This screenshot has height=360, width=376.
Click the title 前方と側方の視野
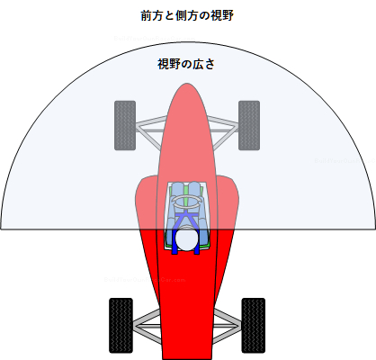pyautogui.click(x=187, y=16)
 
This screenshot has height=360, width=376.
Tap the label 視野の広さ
pyautogui.click(x=186, y=64)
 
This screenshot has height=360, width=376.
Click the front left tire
pyautogui.click(x=125, y=125)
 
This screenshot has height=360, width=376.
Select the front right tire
pyautogui.click(x=249, y=125)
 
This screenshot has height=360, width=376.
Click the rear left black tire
pyautogui.click(x=121, y=326)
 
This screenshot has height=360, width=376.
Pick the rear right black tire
pyautogui.click(x=254, y=326)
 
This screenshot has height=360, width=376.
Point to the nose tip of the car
pyautogui.click(x=187, y=84)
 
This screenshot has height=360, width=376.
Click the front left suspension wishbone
pyautogui.click(x=151, y=131)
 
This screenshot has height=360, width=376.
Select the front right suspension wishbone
pyautogui.click(x=223, y=131)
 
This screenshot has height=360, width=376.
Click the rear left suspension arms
pyautogui.click(x=148, y=326)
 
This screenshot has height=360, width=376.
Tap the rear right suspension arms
pyautogui.click(x=227, y=326)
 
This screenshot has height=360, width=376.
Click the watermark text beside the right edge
pyautogui.click(x=345, y=161)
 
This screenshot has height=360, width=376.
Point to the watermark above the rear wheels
pyautogui.click(x=145, y=280)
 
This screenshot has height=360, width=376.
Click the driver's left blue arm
pyautogui.click(x=171, y=228)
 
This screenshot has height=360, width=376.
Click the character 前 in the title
pyautogui.click(x=147, y=16)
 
